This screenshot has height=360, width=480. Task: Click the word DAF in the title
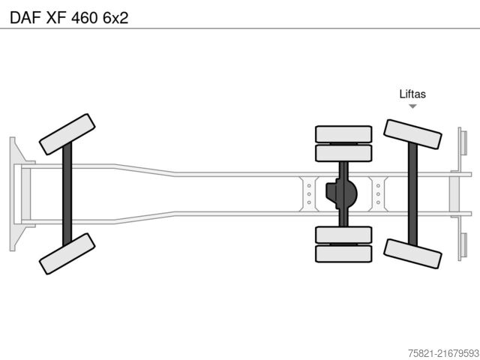(x=25, y=18)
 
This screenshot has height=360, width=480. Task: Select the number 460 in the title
(x=84, y=18)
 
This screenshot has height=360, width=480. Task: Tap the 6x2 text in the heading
(x=115, y=18)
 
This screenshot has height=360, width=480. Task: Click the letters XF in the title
(x=56, y=18)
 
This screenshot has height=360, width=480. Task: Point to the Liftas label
(x=412, y=94)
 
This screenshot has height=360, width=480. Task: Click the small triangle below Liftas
(x=412, y=106)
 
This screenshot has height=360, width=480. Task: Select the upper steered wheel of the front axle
(x=67, y=134)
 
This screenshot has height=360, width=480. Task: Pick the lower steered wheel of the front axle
(x=67, y=253)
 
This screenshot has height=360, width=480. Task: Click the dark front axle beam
(x=67, y=194)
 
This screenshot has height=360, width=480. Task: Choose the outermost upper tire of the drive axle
(x=343, y=134)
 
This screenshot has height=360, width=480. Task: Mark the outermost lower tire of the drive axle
(x=343, y=253)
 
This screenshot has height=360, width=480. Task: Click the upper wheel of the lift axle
(x=412, y=134)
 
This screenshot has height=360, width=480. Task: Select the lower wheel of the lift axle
(x=412, y=253)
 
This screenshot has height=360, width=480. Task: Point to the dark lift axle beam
(x=412, y=194)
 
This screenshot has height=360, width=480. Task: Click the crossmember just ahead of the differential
(x=309, y=194)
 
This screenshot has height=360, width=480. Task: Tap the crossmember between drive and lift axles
(x=378, y=194)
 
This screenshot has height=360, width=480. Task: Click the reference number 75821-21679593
(x=443, y=353)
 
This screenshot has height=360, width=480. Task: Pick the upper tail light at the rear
(x=463, y=142)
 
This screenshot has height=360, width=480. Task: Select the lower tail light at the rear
(x=463, y=245)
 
